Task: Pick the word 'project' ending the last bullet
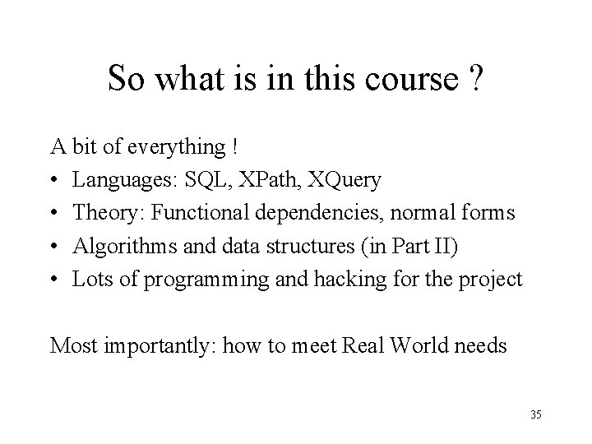pos(493,279)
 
